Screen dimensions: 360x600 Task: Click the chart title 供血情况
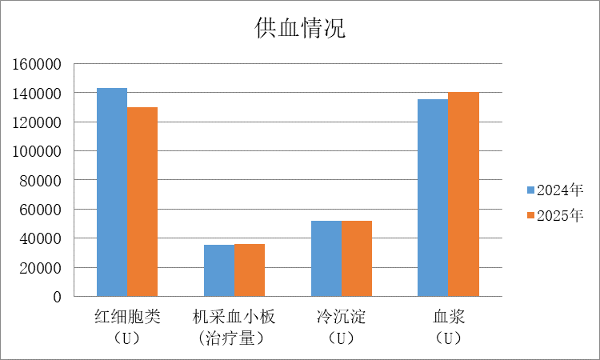coord(300,29)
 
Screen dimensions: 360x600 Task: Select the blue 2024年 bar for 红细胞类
coord(112,192)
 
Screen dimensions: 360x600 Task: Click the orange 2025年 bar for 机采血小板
coord(250,270)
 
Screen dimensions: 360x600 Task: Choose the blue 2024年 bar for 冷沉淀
coord(326,258)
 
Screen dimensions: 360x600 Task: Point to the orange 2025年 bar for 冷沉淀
coord(357,258)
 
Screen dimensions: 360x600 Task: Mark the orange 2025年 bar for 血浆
coord(463,194)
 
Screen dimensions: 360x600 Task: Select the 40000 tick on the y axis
coord(42,238)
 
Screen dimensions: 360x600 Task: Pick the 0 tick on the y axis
coord(58,297)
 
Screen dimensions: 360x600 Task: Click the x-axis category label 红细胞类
coord(127,317)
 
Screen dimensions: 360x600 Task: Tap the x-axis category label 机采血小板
coord(234,317)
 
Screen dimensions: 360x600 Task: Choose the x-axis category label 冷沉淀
coord(342,317)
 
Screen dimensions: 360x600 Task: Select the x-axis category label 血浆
coord(448,317)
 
